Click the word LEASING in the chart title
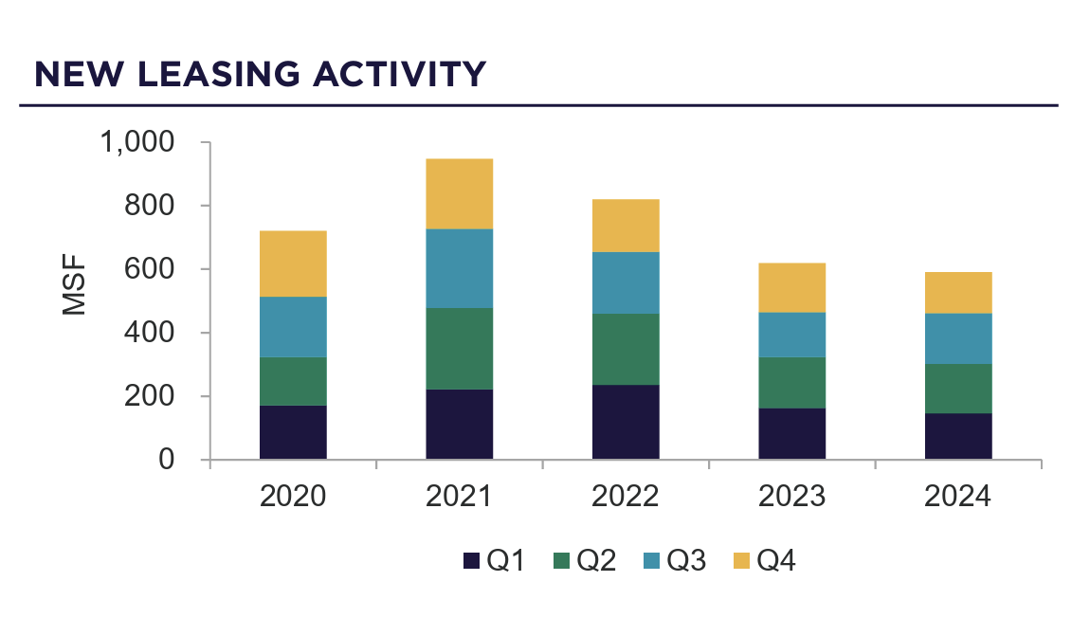(216, 74)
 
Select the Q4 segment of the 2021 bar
(459, 193)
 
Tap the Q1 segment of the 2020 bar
(293, 432)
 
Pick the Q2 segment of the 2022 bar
(626, 349)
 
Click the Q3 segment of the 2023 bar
(791, 335)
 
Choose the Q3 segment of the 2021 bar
(459, 268)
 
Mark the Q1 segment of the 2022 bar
(626, 422)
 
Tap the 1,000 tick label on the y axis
(137, 142)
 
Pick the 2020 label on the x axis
(293, 497)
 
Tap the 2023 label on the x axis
(791, 497)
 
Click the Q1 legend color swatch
(471, 561)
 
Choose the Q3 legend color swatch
(651, 561)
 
